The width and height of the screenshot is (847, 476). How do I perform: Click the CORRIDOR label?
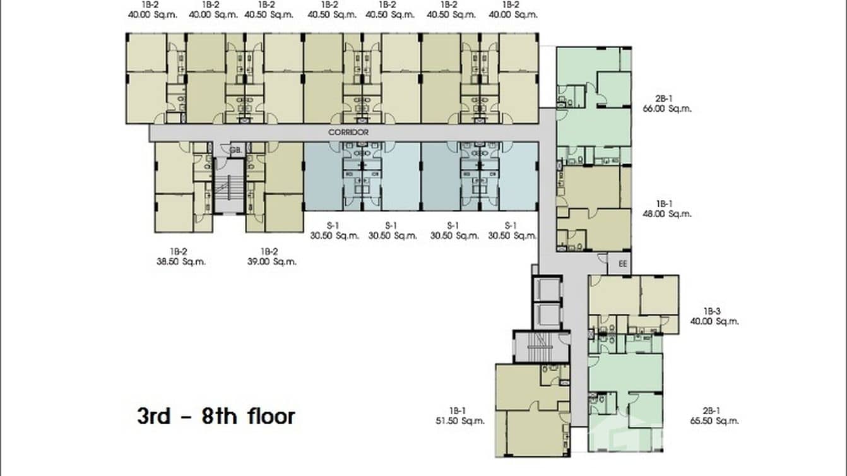(x=348, y=133)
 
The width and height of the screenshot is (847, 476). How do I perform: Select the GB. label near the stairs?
(x=235, y=150)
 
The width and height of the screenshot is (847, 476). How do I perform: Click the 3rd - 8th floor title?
(x=216, y=417)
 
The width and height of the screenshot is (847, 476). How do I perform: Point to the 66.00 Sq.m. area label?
(x=673, y=109)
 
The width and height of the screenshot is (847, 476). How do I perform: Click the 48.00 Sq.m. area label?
(x=673, y=214)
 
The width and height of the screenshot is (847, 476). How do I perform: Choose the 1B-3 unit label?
(x=712, y=311)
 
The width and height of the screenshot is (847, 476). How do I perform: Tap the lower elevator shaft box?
(x=547, y=315)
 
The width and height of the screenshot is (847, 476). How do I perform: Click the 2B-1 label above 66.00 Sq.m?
(x=664, y=98)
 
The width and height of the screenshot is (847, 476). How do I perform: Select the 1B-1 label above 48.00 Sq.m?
(x=664, y=203)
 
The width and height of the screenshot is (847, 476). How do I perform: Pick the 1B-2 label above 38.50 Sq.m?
(x=177, y=251)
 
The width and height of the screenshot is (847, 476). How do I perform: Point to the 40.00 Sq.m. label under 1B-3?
(x=721, y=321)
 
